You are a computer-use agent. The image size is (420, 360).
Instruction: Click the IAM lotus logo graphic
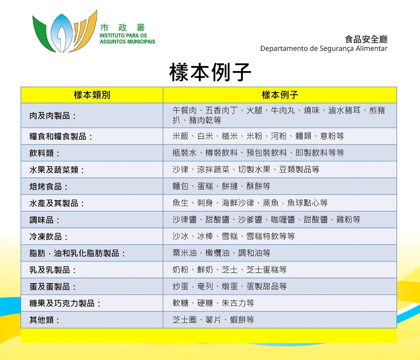click(65, 31)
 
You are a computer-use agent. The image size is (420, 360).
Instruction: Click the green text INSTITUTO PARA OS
click(123, 35)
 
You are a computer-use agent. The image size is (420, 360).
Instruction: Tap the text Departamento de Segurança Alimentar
click(324, 49)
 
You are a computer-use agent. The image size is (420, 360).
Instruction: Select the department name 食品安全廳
click(366, 39)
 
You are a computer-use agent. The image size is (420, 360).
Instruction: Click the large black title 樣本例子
click(210, 72)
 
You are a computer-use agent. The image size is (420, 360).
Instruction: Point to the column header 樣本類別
click(92, 95)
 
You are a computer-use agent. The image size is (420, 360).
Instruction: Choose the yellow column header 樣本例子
click(280, 95)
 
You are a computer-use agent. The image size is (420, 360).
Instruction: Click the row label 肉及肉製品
click(50, 115)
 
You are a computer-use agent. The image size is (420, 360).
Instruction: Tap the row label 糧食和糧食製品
click(58, 136)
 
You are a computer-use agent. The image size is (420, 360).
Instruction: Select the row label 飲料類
click(41, 153)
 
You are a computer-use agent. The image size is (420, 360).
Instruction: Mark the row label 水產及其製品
click(54, 203)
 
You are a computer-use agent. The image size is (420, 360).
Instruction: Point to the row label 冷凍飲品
click(46, 237)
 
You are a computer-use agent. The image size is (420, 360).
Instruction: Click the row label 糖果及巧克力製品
click(62, 303)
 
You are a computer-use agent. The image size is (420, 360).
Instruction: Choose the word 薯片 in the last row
click(213, 319)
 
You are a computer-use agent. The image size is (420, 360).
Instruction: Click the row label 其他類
click(41, 320)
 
